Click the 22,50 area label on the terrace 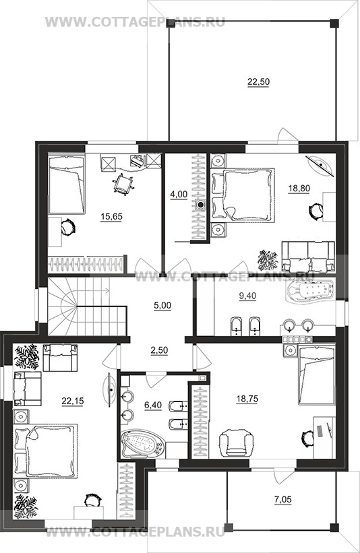[x=258, y=82]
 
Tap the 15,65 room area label [x=111, y=216]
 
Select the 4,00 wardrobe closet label [x=179, y=195]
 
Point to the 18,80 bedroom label [x=299, y=189]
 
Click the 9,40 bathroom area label [x=248, y=296]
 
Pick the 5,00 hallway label [x=162, y=305]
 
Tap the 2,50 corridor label [x=160, y=350]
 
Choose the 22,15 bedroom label [x=73, y=401]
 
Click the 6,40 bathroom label [x=153, y=405]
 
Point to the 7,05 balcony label [x=283, y=499]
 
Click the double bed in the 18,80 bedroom [x=243, y=195]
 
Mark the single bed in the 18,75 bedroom [x=317, y=375]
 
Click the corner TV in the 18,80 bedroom [x=321, y=164]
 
